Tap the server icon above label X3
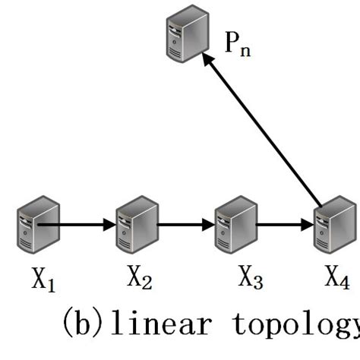coord(234,226)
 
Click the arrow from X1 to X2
coord(76,225)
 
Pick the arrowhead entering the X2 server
coord(109,225)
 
